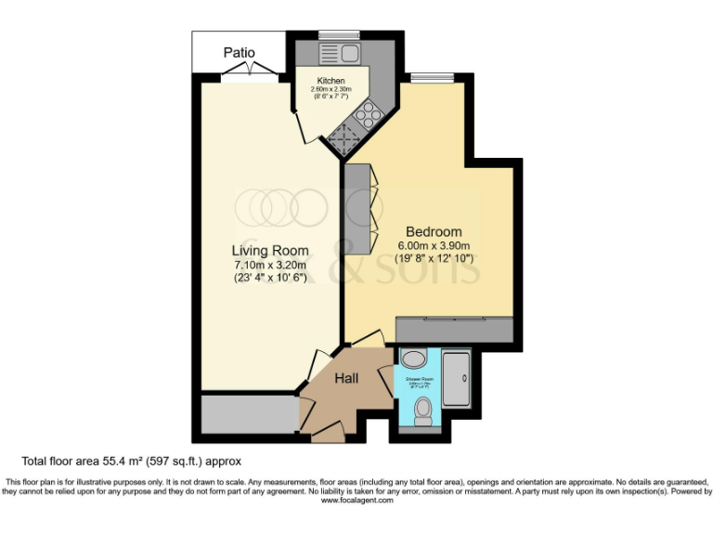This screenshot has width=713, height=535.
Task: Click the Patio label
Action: [239, 53]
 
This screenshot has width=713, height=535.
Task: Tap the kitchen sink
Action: [331, 52]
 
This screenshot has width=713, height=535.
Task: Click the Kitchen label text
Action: [331, 81]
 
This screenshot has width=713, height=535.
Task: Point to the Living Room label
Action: [270, 250]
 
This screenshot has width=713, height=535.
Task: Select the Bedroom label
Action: [434, 231]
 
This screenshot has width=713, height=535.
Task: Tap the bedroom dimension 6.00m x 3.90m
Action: [434, 246]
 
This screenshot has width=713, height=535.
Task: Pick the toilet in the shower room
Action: [422, 409]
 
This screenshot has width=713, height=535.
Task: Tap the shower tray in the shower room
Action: [456, 381]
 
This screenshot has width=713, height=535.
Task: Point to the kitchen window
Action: [331, 35]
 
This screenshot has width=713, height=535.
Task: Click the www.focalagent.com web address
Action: [356, 500]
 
